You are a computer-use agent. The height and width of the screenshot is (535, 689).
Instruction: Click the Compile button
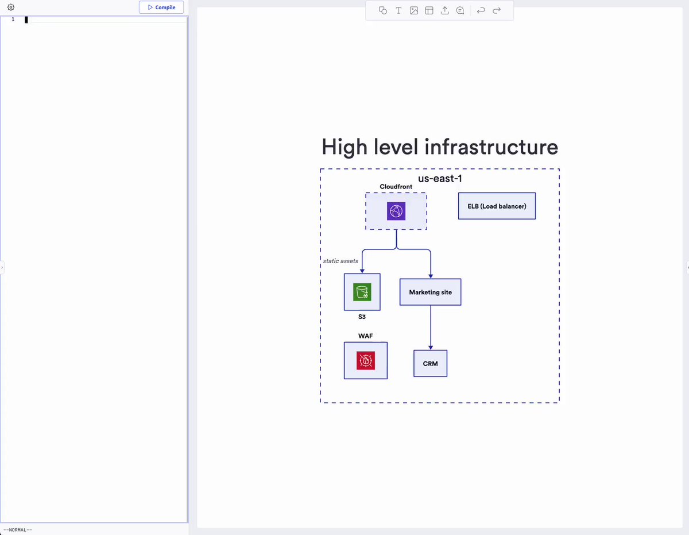point(161,7)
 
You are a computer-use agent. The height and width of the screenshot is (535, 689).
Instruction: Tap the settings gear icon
point(11,7)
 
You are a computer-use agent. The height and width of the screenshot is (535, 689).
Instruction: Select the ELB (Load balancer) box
point(497,206)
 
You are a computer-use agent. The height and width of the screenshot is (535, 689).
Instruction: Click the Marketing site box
point(430,292)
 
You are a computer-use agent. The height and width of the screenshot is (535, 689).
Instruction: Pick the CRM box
point(430,363)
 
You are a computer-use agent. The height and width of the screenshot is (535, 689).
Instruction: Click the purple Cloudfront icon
point(396,211)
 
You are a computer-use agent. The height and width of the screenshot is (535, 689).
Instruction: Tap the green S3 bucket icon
point(362,291)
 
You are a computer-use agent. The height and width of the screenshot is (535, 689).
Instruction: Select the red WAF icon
point(366,360)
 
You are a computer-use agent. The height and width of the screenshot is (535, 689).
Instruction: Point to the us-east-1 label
point(440,178)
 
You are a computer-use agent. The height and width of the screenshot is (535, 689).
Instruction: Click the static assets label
point(340,261)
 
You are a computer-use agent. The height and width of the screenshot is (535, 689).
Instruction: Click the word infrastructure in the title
point(491,147)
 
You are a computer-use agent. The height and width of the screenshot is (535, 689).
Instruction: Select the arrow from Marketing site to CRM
point(430,328)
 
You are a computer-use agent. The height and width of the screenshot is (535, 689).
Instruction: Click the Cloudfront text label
point(396,187)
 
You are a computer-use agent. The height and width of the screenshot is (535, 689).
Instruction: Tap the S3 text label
point(362,317)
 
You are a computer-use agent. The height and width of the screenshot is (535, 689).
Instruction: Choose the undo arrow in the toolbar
point(481,10)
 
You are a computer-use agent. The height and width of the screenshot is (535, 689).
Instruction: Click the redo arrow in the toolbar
point(497,10)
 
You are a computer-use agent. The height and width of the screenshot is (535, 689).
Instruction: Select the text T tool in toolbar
point(398,10)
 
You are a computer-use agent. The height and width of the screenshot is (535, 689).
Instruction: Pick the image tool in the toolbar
point(414,10)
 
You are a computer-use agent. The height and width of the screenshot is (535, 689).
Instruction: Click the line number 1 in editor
point(13,20)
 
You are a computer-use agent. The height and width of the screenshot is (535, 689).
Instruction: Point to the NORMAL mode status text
point(18,530)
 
